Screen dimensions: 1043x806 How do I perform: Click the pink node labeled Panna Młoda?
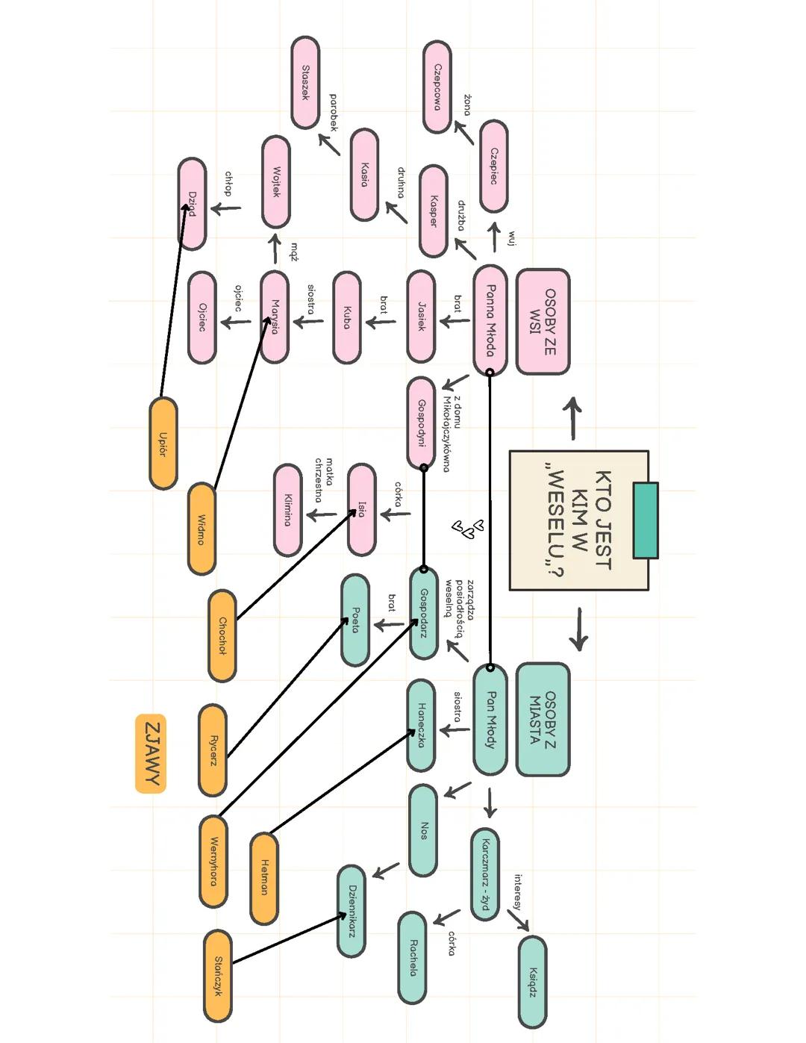pyautogui.click(x=490, y=320)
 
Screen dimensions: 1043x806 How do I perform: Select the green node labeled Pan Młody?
pyautogui.click(x=490, y=719)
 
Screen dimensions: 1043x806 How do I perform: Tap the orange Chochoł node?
pyautogui.click(x=222, y=635)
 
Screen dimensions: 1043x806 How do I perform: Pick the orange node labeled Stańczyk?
pyautogui.click(x=217, y=976)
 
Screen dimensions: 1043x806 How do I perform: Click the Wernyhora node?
pyautogui.click(x=213, y=861)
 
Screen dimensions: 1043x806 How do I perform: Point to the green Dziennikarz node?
pyautogui.click(x=352, y=911)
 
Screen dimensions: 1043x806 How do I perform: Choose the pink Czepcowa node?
pyautogui.click(x=437, y=87)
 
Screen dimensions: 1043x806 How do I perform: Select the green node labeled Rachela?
pyautogui.click(x=412, y=957)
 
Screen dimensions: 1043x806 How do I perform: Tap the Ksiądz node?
pyautogui.click(x=532, y=982)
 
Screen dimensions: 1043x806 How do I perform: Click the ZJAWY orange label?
pyautogui.click(x=151, y=753)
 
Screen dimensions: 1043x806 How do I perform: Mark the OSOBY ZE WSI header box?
pyautogui.click(x=543, y=321)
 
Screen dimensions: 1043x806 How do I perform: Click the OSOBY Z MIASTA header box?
pyautogui.click(x=543, y=719)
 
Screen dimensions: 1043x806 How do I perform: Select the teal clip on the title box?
pyautogui.click(x=646, y=520)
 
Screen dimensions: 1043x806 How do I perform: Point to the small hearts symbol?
pyautogui.click(x=469, y=529)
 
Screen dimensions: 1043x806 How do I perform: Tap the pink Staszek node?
pyautogui.click(x=305, y=82)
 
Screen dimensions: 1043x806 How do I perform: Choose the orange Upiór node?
pyautogui.click(x=163, y=443)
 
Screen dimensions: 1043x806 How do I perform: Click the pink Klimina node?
pyautogui.click(x=288, y=510)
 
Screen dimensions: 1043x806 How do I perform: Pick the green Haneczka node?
pyautogui.click(x=422, y=725)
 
